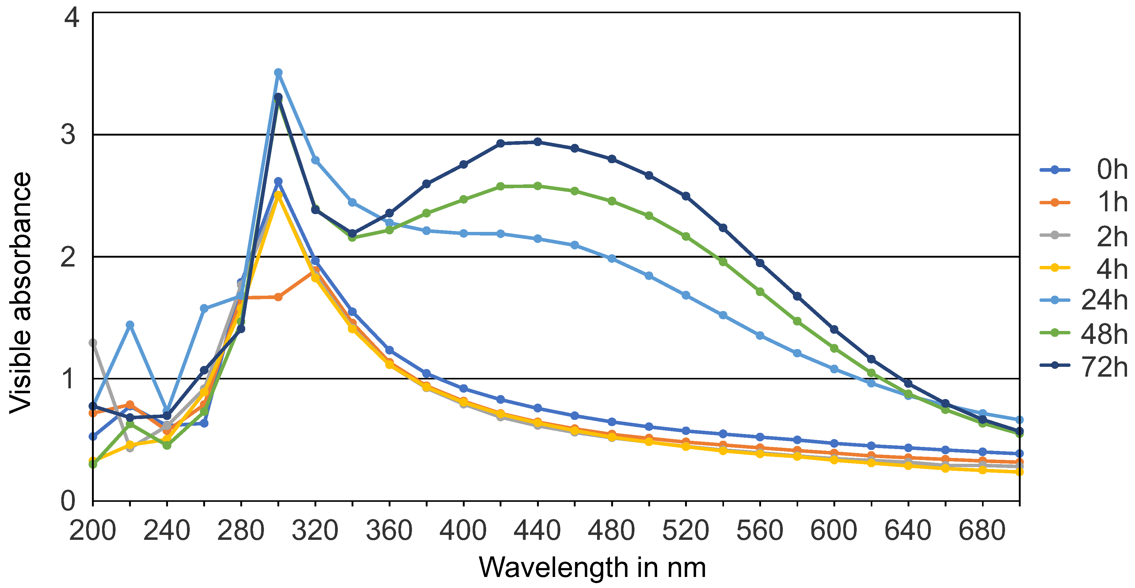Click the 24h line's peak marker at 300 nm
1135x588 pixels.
[x=278, y=73]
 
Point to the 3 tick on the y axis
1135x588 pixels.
[x=68, y=134]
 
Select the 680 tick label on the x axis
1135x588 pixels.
[x=982, y=531]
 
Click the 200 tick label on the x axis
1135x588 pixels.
[x=93, y=531]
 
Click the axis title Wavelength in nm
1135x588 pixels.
[x=592, y=568]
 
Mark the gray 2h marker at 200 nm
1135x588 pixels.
[x=93, y=343]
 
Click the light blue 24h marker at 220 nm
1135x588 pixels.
[x=130, y=325]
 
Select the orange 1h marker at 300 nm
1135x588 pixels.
[x=278, y=297]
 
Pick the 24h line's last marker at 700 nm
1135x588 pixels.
[x=1019, y=420]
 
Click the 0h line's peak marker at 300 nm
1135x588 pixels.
[x=278, y=182]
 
